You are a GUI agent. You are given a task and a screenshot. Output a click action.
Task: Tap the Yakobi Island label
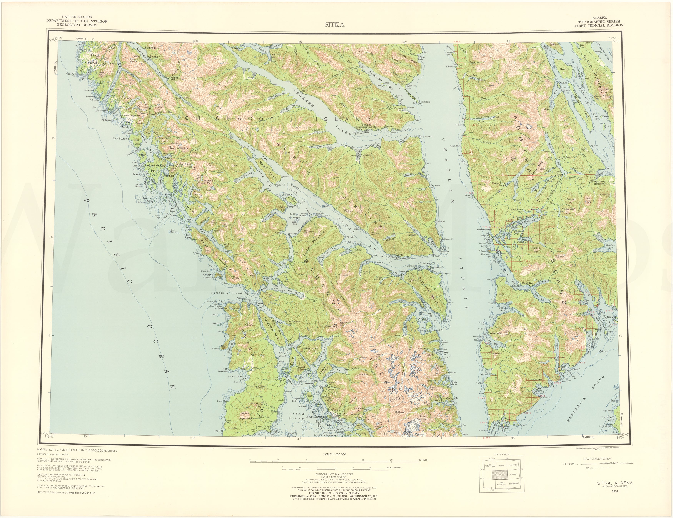pyautogui.click(x=97, y=64)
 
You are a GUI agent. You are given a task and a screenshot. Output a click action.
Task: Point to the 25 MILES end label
pyautogui.click(x=423, y=469)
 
